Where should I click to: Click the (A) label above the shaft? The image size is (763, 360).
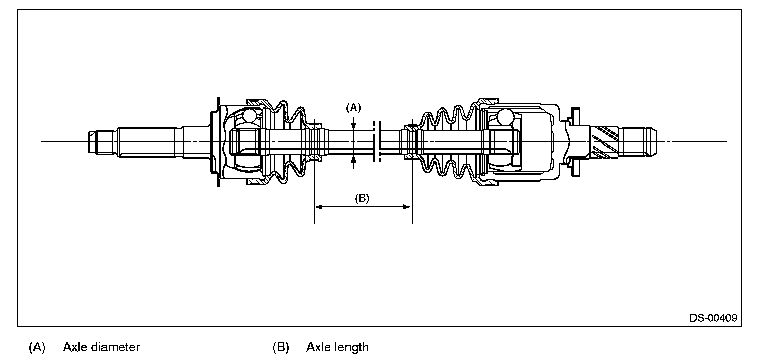tap(353, 107)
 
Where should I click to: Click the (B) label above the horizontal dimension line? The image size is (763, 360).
tap(362, 198)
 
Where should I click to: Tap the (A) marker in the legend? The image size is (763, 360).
tap(37, 347)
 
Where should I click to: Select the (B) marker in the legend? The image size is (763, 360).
tap(281, 347)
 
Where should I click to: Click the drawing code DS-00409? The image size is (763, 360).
tap(713, 318)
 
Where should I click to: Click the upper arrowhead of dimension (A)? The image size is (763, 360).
tap(354, 122)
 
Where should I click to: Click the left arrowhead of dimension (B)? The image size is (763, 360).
tap(319, 207)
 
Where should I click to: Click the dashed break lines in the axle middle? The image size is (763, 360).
tap(376, 142)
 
